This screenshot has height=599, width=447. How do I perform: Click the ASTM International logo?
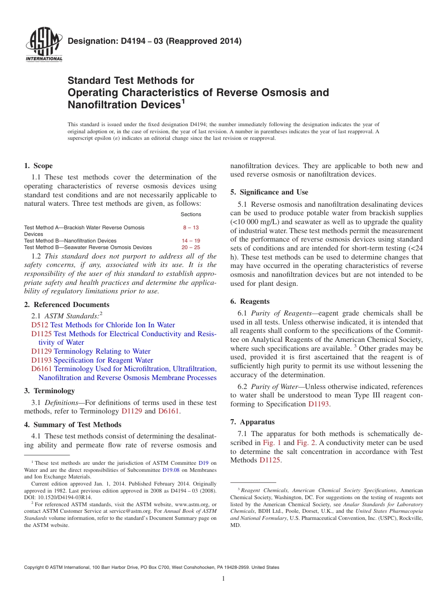tap(44, 45)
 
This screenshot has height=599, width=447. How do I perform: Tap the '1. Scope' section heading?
tap(39, 166)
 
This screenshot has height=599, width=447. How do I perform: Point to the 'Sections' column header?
tap(191, 214)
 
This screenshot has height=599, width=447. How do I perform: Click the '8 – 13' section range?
tap(191, 227)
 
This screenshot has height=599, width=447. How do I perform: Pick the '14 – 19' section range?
tap(191, 241)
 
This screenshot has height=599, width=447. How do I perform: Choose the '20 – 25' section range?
tap(191, 247)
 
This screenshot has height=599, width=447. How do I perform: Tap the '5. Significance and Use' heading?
tap(269, 192)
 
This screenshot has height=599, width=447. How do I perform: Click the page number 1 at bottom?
tap(223, 579)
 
